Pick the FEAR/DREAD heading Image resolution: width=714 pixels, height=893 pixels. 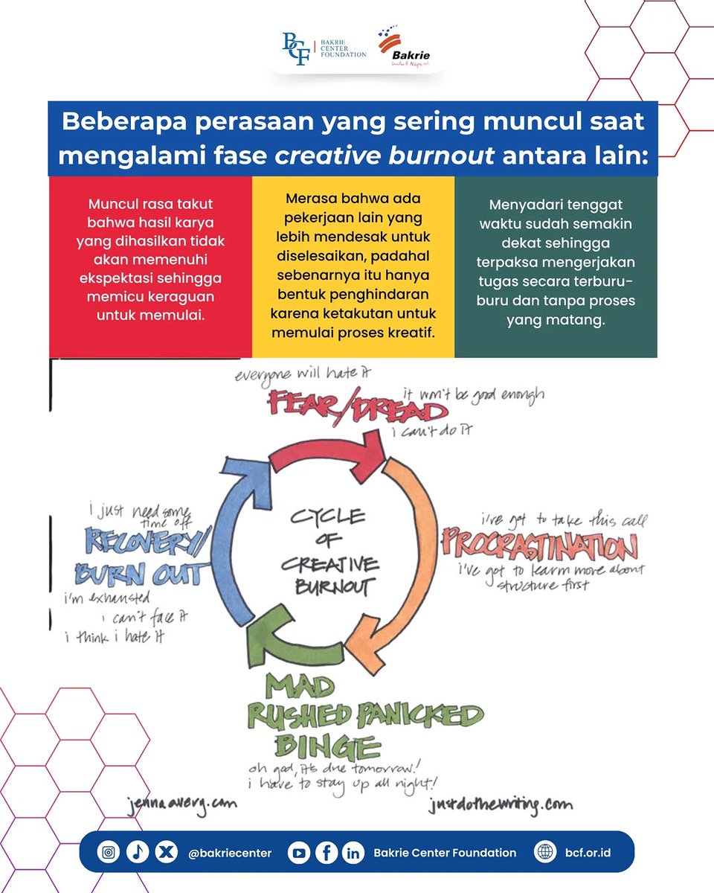click(x=358, y=406)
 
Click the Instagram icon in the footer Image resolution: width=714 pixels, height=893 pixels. click(x=109, y=852)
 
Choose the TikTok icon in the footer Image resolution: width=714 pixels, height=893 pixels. click(x=138, y=852)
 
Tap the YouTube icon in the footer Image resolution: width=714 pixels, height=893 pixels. click(x=298, y=853)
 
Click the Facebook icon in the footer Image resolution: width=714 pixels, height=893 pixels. click(x=327, y=853)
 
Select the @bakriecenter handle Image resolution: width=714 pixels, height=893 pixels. click(x=230, y=853)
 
